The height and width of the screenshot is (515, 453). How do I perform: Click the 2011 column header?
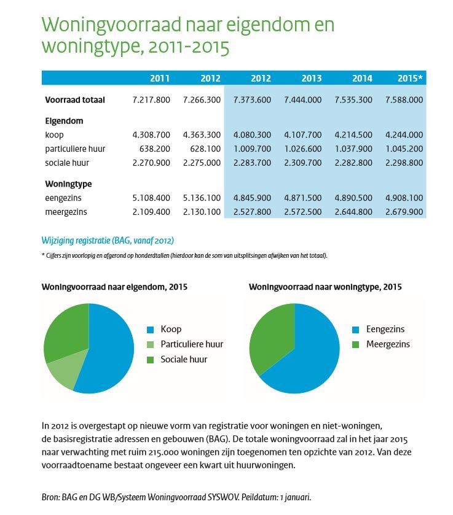click(160, 78)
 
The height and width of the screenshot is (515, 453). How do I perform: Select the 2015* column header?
click(410, 78)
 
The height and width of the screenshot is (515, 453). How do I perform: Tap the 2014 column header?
click(362, 78)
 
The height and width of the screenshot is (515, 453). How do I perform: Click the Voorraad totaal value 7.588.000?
click(404, 100)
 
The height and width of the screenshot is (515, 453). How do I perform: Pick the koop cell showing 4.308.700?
click(151, 134)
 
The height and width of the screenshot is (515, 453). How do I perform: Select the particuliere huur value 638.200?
click(155, 149)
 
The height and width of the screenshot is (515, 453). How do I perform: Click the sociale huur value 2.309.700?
click(302, 163)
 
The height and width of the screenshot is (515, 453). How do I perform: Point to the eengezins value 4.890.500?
click(353, 198)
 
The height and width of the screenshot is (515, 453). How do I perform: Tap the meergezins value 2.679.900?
click(404, 212)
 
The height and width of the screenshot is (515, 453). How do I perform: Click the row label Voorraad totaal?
click(75, 100)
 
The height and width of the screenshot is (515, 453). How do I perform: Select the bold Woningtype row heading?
click(68, 184)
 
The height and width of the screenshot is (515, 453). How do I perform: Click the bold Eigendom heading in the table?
click(64, 121)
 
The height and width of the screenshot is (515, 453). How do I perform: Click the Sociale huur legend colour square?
click(150, 360)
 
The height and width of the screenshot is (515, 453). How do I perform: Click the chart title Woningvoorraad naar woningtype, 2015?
click(325, 287)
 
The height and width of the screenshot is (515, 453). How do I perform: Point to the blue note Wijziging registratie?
click(108, 241)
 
